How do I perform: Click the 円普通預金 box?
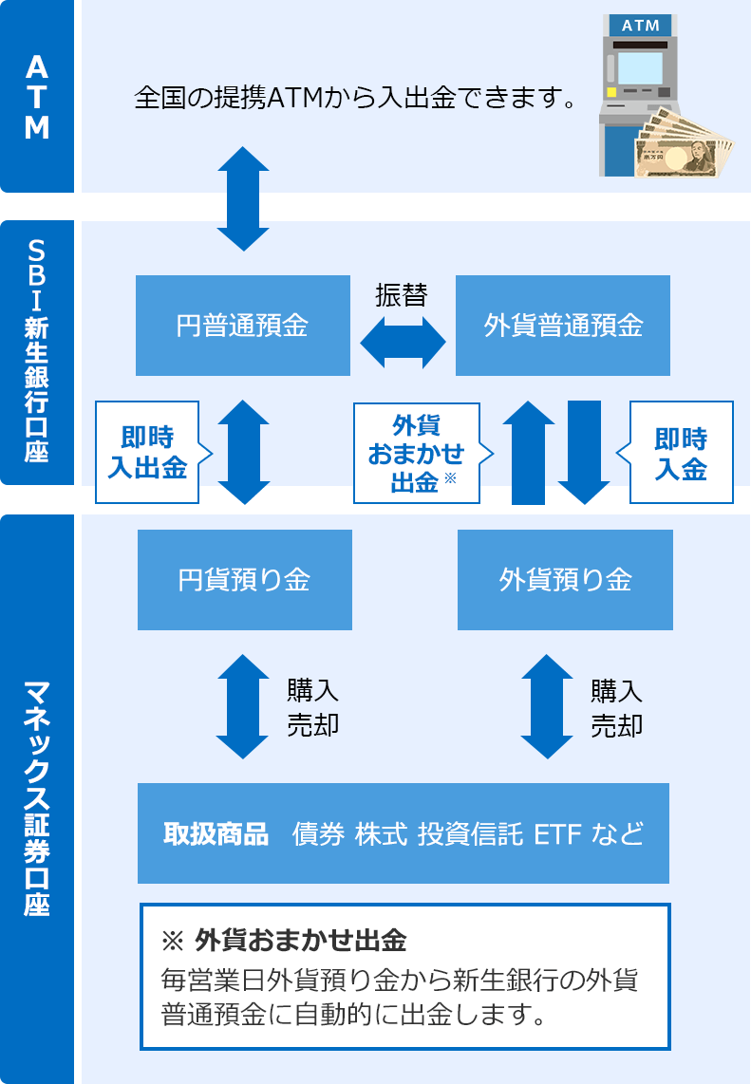point(243,326)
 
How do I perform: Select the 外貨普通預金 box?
point(563,326)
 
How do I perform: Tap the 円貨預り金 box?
point(245,579)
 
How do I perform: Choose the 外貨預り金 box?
point(565,579)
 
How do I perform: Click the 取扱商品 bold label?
point(216,834)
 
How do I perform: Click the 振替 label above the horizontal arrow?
point(402,295)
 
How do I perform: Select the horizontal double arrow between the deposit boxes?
point(404,342)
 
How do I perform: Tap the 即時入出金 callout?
point(147,452)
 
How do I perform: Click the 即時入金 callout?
point(681,452)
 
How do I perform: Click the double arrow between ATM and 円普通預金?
point(243,198)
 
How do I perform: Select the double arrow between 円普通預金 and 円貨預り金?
point(244,452)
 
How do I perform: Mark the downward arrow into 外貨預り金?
point(584,452)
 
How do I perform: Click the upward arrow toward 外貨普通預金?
point(528,452)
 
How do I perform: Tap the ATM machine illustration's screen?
point(635,67)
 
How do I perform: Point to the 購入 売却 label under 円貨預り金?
point(312,707)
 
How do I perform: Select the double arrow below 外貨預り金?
point(548,706)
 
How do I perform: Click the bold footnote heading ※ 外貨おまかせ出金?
point(285,941)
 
